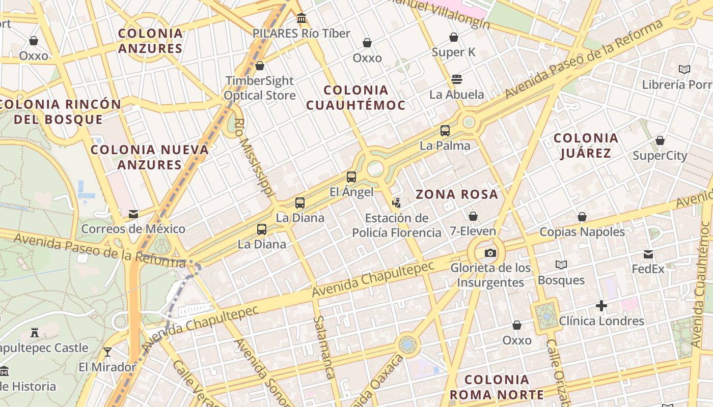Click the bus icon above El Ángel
coord(351,177)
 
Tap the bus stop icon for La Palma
coord(445,131)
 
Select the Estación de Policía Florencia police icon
coord(396,203)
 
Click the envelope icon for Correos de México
coord(133,214)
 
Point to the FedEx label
coord(648,269)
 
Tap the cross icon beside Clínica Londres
coord(601,306)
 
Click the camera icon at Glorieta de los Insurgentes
coord(490,253)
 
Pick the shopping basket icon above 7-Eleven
coord(473,216)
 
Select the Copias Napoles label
coord(582,232)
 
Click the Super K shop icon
coord(454,37)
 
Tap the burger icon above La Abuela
coord(456,79)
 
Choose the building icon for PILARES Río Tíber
coord(301,18)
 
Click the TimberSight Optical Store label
coord(260,88)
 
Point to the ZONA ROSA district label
coord(457,194)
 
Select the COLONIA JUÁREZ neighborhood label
coord(586,146)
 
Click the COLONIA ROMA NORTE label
coord(497,387)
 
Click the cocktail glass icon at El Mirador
coord(107,352)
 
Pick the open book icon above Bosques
coord(561,265)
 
